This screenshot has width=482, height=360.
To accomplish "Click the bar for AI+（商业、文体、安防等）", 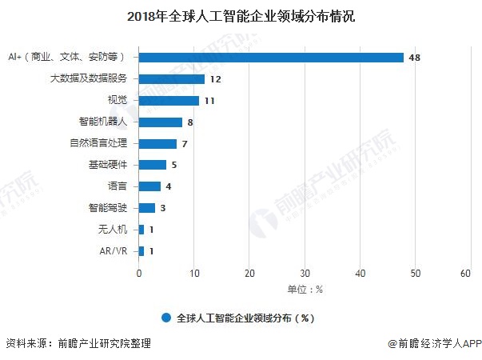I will click(x=272, y=58).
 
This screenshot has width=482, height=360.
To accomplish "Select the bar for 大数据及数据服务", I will click(x=172, y=79).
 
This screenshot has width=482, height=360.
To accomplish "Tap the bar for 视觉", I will click(x=169, y=101).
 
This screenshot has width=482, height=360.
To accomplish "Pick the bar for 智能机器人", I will click(x=161, y=122).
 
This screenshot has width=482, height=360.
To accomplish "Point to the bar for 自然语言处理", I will click(x=158, y=144).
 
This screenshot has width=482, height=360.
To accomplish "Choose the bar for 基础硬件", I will click(x=153, y=165).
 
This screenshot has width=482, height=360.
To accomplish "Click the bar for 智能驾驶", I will click(x=147, y=208).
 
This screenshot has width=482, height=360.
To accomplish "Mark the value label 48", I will click(x=414, y=58).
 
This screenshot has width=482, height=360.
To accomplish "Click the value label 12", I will click(x=215, y=79).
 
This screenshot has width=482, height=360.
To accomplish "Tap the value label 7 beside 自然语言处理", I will click(x=185, y=144).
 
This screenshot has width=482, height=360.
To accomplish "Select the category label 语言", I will click(x=116, y=186).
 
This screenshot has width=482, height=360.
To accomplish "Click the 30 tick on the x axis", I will click(x=305, y=274).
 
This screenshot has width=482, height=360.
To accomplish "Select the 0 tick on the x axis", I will click(x=140, y=274).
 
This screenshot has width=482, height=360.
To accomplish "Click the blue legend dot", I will click(x=166, y=317).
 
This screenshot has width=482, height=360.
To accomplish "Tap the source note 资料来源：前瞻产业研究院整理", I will click(x=78, y=344).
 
